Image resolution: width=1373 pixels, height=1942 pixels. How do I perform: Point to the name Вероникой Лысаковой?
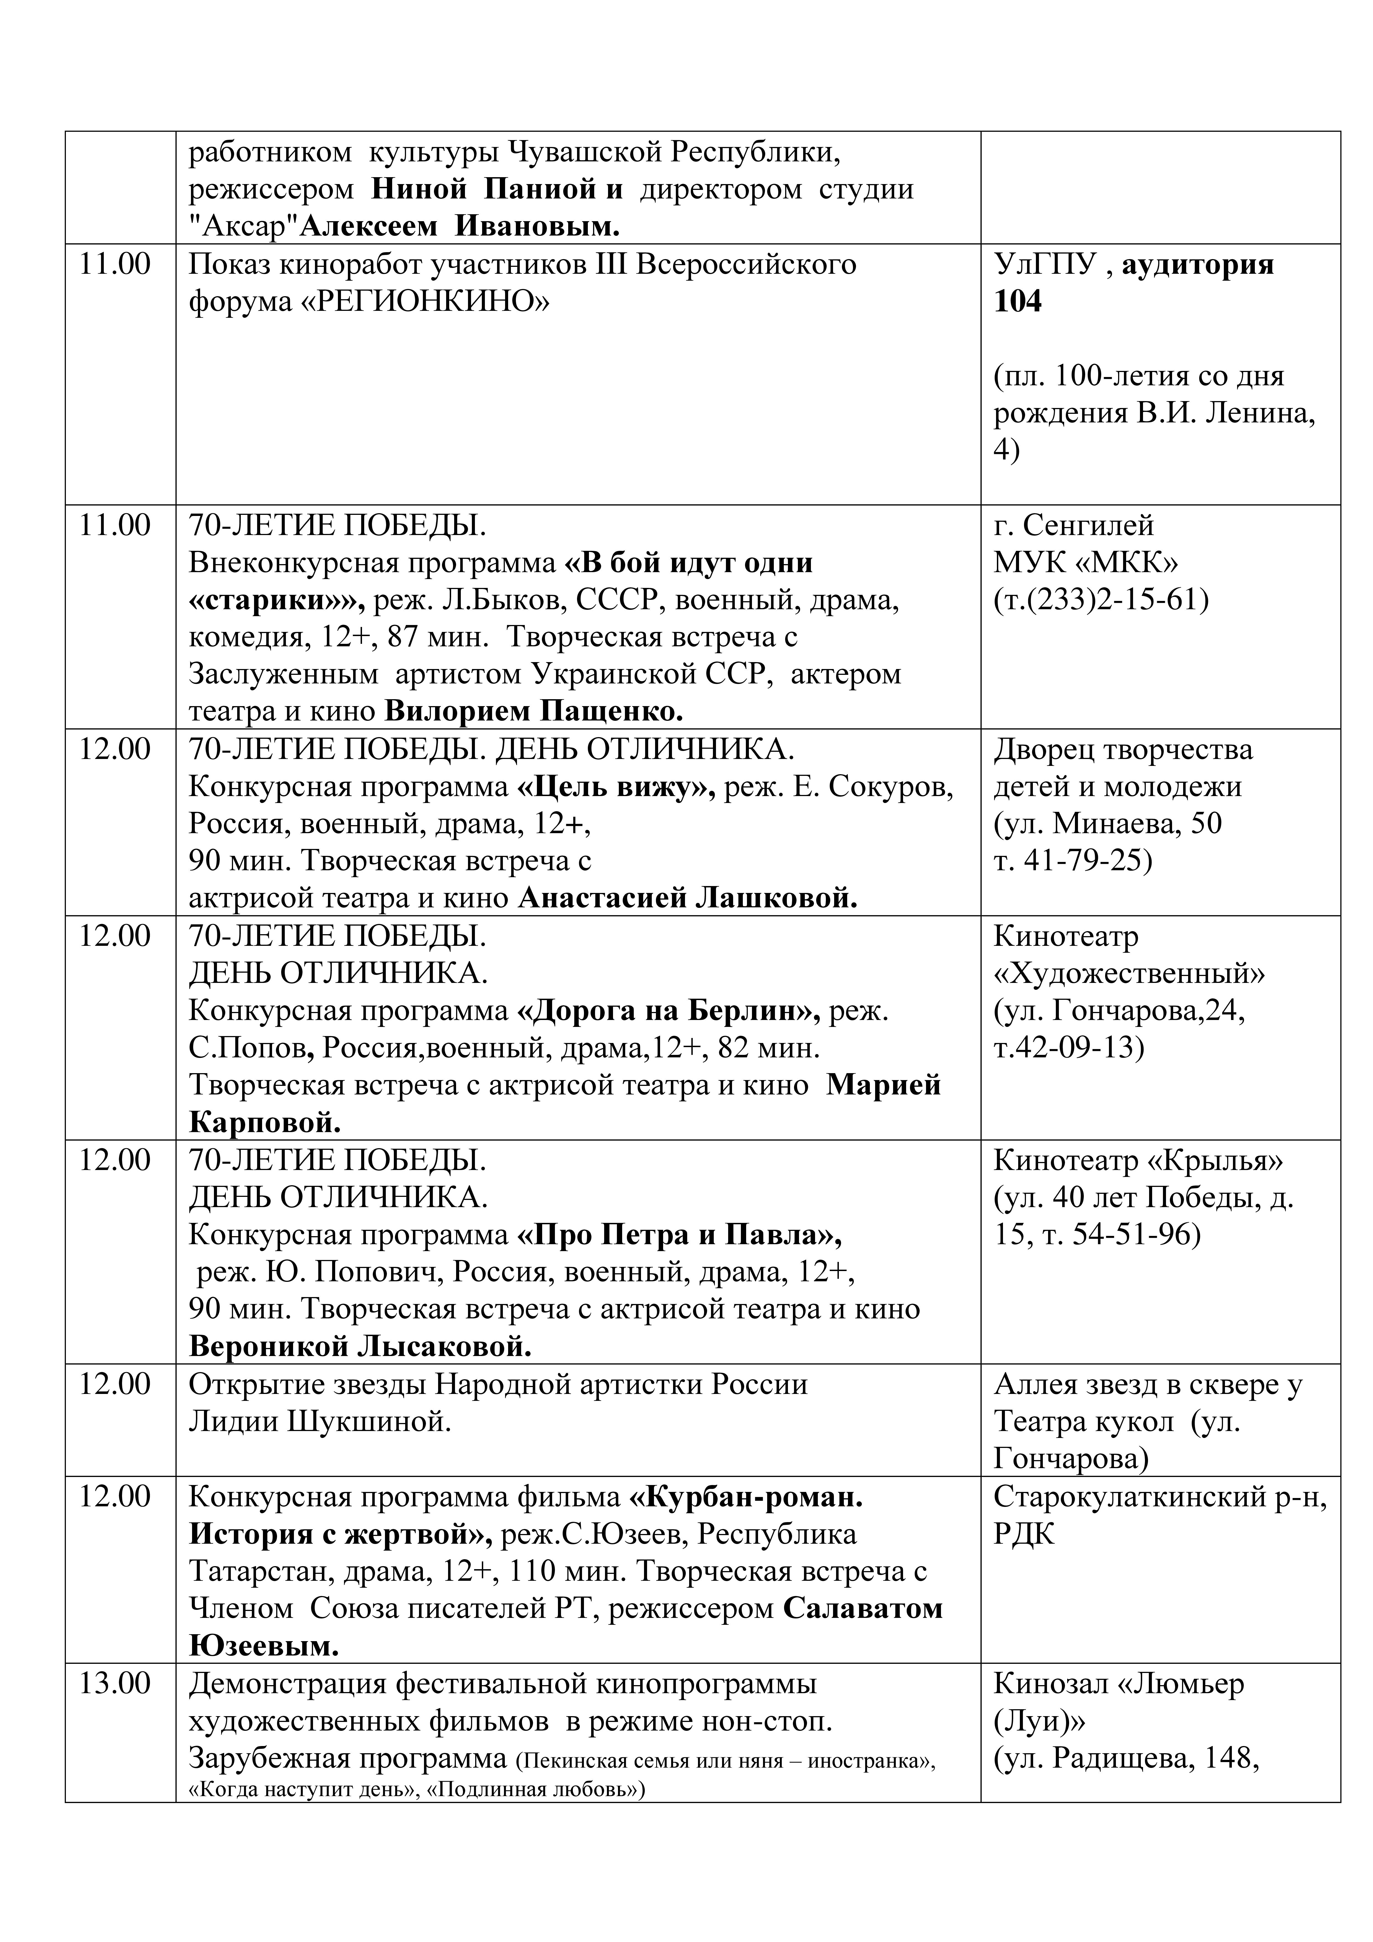click(x=360, y=1347)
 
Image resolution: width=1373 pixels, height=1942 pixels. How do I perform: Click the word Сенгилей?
click(x=1088, y=525)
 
